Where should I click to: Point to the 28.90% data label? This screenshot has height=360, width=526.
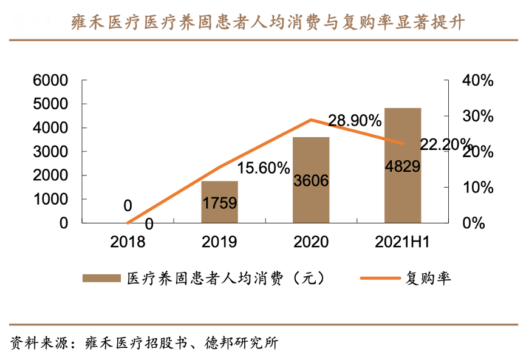pyautogui.click(x=355, y=121)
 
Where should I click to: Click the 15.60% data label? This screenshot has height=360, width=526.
pyautogui.click(x=263, y=168)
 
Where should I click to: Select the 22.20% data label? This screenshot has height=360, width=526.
pyautogui.click(x=445, y=144)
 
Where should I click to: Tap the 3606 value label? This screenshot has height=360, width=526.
pyautogui.click(x=311, y=180)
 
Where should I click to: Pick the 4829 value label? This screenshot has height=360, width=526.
pyautogui.click(x=403, y=166)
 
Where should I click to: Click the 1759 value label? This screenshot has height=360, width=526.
pyautogui.click(x=220, y=203)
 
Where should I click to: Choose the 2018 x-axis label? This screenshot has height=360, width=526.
pyautogui.click(x=128, y=242)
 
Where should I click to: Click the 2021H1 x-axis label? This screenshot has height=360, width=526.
pyautogui.click(x=403, y=242)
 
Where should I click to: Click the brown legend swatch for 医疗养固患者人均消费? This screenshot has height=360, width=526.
pyautogui.click(x=101, y=279)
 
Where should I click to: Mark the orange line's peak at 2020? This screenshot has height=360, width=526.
pyautogui.click(x=311, y=120)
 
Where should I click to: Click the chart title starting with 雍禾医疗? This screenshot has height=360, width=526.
pyautogui.click(x=267, y=23)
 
